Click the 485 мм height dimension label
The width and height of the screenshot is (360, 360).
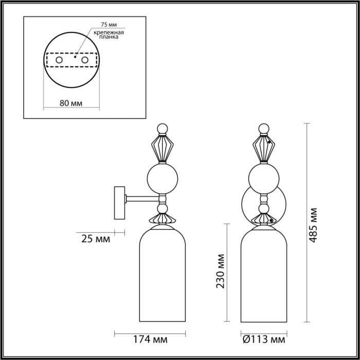coord(314,225)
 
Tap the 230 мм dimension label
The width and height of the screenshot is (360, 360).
coord(222,272)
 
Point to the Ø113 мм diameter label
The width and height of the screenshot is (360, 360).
coord(263,340)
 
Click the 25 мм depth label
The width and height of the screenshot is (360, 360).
coord(95,239)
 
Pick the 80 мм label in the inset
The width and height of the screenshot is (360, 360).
coord(71,102)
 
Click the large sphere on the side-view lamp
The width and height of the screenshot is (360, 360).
coord(163,178)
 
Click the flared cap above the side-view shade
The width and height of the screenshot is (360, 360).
coord(163,219)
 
